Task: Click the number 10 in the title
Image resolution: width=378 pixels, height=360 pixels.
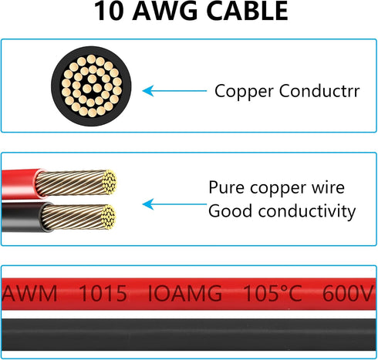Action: (x=109, y=11)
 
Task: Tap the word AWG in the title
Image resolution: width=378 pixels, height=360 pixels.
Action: (x=166, y=11)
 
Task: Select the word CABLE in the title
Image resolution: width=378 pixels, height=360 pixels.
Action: (x=247, y=11)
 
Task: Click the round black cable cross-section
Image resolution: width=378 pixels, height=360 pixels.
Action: (x=91, y=86)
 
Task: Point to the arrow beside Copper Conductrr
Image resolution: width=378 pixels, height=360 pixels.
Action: (x=174, y=91)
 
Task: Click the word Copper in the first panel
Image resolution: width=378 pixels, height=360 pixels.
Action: (x=245, y=92)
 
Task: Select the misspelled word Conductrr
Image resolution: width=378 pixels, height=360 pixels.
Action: (x=319, y=91)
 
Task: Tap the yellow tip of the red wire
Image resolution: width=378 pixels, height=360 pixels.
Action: (x=110, y=182)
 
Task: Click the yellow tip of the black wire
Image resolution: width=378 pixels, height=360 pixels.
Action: (x=108, y=217)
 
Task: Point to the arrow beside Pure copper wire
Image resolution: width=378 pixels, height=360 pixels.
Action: (x=174, y=204)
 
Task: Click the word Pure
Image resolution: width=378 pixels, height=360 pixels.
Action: (x=226, y=187)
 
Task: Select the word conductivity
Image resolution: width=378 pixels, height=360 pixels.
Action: (x=307, y=211)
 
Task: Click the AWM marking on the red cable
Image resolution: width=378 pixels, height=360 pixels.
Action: (x=29, y=293)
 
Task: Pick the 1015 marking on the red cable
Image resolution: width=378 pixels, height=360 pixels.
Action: (x=103, y=293)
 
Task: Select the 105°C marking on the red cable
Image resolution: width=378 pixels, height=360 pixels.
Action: (x=272, y=293)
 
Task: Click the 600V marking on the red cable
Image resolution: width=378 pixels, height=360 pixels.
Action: (x=348, y=293)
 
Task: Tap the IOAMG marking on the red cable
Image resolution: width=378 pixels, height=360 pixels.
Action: (x=185, y=293)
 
